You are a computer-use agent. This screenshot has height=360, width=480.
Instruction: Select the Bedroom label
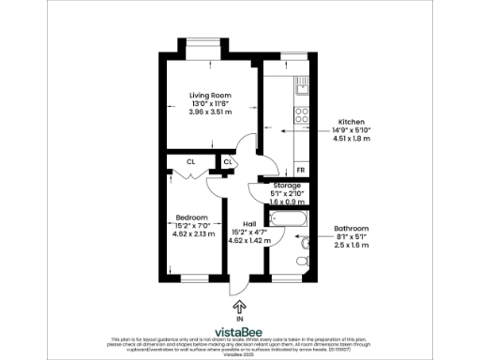(190, 217)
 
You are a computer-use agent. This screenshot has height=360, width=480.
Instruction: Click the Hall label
(248, 223)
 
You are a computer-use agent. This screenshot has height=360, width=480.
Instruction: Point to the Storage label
(280, 186)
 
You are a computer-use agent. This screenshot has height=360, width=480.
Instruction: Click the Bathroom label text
(352, 228)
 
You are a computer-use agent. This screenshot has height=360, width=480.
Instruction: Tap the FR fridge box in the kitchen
(301, 170)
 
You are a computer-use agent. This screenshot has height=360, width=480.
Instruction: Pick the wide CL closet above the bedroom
(190, 162)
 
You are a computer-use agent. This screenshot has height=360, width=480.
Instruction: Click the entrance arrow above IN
(240, 306)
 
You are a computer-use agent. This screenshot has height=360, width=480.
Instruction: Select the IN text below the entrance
(240, 320)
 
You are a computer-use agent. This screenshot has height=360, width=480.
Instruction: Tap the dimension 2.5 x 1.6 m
(352, 245)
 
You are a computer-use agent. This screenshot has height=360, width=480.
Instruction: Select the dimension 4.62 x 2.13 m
(190, 233)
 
